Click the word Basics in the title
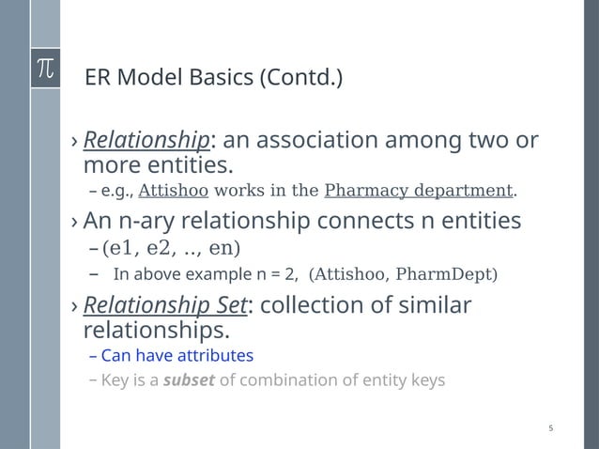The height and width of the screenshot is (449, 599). coord(216,76)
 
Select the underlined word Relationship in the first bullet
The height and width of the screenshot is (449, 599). coord(146,141)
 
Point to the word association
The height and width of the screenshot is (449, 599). coord(319,141)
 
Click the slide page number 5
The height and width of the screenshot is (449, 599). coord(551,428)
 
